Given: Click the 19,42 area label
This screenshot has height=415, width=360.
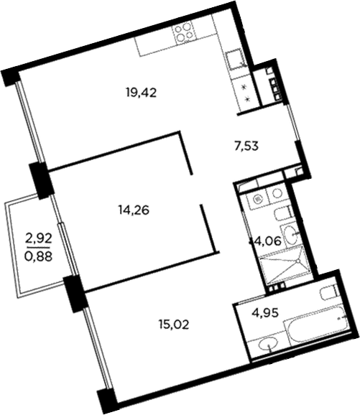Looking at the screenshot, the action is point(142,93).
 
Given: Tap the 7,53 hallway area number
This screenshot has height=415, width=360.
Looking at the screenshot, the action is point(246,146).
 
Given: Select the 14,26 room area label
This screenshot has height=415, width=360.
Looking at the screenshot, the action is point(134,210).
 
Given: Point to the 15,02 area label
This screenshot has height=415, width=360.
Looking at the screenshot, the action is point(174,325).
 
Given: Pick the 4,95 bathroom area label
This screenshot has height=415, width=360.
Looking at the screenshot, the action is point(265,313).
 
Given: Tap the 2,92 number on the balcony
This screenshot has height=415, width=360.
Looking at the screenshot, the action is point(39,240).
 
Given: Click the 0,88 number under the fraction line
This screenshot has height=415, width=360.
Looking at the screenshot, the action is point(38,256).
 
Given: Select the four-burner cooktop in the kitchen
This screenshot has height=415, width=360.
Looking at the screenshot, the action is point(183,32).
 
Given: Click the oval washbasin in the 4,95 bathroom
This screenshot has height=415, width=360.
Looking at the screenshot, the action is point(268,345).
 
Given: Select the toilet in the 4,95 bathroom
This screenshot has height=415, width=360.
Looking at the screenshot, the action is point(328,293).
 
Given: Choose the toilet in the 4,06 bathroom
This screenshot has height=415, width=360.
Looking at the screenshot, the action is point(282,215).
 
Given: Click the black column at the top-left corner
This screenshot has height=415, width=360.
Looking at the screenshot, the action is point(11,77).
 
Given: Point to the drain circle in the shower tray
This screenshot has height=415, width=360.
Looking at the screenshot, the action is point(298,261).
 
